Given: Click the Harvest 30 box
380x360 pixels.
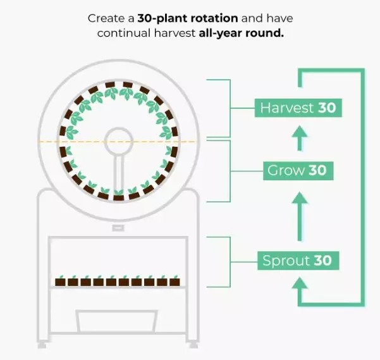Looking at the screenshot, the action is coord(298,108).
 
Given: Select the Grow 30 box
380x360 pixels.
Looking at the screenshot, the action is coord(298,170).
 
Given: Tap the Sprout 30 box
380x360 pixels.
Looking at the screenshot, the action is coord(297,260).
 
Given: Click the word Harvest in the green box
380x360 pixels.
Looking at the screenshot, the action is coord(287,108).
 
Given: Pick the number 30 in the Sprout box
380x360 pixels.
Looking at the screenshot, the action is coord(322,260).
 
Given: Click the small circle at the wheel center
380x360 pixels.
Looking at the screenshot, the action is coord(117,142).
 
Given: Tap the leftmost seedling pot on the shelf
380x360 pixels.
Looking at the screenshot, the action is coord(61,280).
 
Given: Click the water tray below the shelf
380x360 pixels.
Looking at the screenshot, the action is coord(117,321).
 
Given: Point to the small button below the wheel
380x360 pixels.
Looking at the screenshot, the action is coord(118,227).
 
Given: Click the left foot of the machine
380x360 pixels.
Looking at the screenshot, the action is coord(42,344).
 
